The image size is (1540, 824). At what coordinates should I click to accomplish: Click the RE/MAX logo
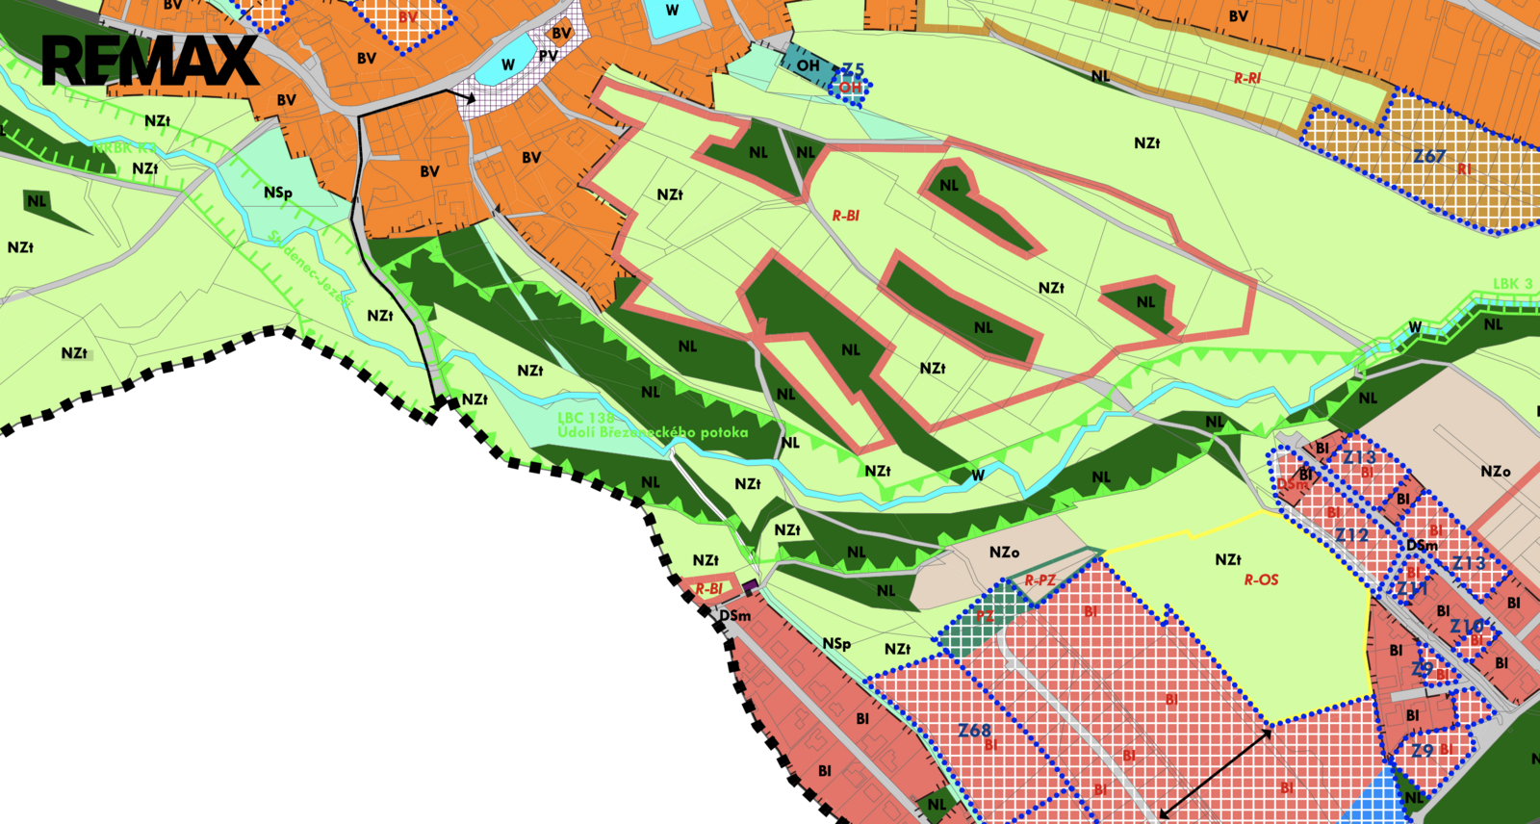click(149, 61)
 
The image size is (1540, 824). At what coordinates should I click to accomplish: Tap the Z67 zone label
click(1429, 156)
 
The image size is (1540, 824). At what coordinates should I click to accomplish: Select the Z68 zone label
click(974, 731)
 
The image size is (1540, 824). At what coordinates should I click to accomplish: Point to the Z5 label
click(853, 70)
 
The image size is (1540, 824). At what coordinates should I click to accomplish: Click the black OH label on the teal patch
click(808, 65)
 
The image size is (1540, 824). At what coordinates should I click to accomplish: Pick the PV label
click(548, 56)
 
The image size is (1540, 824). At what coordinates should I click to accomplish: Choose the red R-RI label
click(1247, 78)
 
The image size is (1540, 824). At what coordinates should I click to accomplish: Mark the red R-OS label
click(1261, 579)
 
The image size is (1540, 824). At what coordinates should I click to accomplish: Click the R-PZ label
click(1039, 580)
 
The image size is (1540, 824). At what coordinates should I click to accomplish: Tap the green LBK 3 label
click(1512, 284)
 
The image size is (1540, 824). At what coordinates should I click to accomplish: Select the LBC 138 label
click(585, 418)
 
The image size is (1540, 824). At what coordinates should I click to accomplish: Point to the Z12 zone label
click(1351, 535)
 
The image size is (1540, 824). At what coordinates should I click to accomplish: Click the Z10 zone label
click(1467, 627)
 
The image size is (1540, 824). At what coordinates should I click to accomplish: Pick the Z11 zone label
click(1412, 588)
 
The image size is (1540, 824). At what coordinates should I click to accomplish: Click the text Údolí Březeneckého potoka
click(653, 432)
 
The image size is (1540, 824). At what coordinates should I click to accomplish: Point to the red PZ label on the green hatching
click(985, 616)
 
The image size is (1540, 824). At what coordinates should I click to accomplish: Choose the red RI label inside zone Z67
click(1464, 169)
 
